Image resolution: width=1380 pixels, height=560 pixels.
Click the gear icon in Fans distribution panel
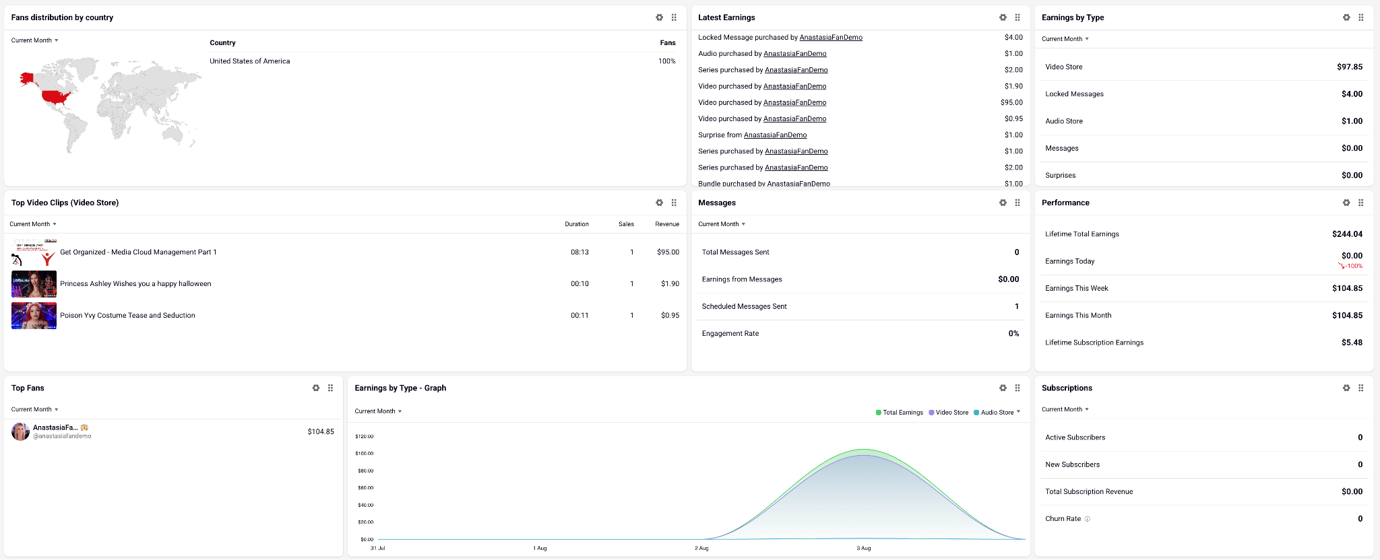[x=659, y=17]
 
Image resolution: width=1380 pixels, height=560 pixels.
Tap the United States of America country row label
[x=250, y=61]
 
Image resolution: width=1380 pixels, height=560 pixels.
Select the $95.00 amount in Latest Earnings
[x=1011, y=102]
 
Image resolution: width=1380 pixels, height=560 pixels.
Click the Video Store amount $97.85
[x=1350, y=67]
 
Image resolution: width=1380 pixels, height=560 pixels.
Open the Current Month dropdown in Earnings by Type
[x=1065, y=39]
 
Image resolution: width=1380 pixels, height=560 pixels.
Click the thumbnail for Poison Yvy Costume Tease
[x=34, y=316]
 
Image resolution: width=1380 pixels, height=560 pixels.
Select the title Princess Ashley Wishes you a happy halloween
[x=135, y=284]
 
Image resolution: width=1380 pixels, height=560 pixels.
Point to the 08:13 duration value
[x=579, y=252]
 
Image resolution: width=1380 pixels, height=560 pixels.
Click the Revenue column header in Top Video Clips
[x=667, y=224]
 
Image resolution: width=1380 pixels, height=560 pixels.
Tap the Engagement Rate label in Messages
[x=730, y=334]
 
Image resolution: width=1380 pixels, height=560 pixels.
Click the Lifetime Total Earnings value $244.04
[x=1347, y=234]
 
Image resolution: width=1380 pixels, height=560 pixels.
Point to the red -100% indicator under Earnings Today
[x=1350, y=266]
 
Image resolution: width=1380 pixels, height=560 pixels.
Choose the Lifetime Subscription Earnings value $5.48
[x=1352, y=343]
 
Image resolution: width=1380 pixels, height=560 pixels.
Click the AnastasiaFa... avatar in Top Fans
[x=20, y=431]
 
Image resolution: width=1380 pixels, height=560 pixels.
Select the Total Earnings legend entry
[x=900, y=413]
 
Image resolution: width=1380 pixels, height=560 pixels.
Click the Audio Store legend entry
[x=994, y=413]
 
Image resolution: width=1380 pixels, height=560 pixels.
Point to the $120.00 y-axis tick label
[x=364, y=437]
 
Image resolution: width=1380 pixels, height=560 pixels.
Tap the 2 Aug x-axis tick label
[x=701, y=549]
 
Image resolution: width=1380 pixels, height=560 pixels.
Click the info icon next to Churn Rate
[x=1087, y=519]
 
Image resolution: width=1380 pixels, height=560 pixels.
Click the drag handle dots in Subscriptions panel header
[x=1361, y=388]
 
